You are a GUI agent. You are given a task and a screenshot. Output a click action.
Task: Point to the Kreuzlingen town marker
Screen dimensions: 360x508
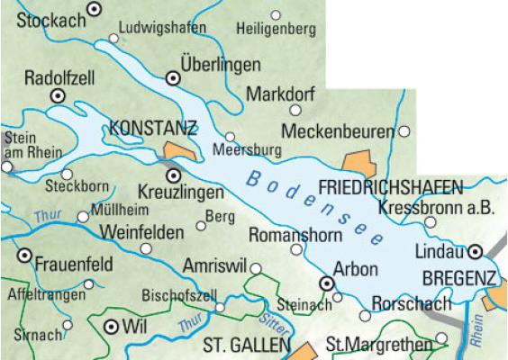coord(174,175)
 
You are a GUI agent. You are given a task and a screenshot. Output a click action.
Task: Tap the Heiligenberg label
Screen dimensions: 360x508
coord(276,29)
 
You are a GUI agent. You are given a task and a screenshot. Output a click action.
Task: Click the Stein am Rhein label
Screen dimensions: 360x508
coord(21,145)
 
